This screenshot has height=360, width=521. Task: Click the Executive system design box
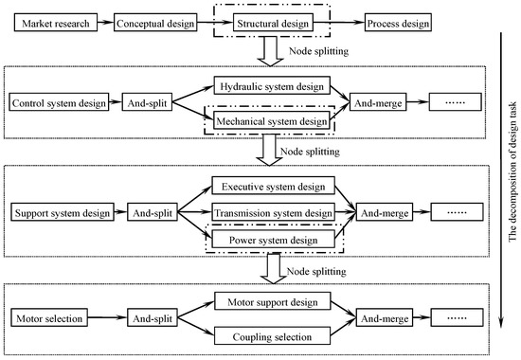[x=273, y=186]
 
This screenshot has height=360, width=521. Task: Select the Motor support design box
[x=273, y=301]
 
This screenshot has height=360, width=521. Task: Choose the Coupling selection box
[x=273, y=335]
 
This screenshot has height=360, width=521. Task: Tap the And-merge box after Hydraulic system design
[x=379, y=101]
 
